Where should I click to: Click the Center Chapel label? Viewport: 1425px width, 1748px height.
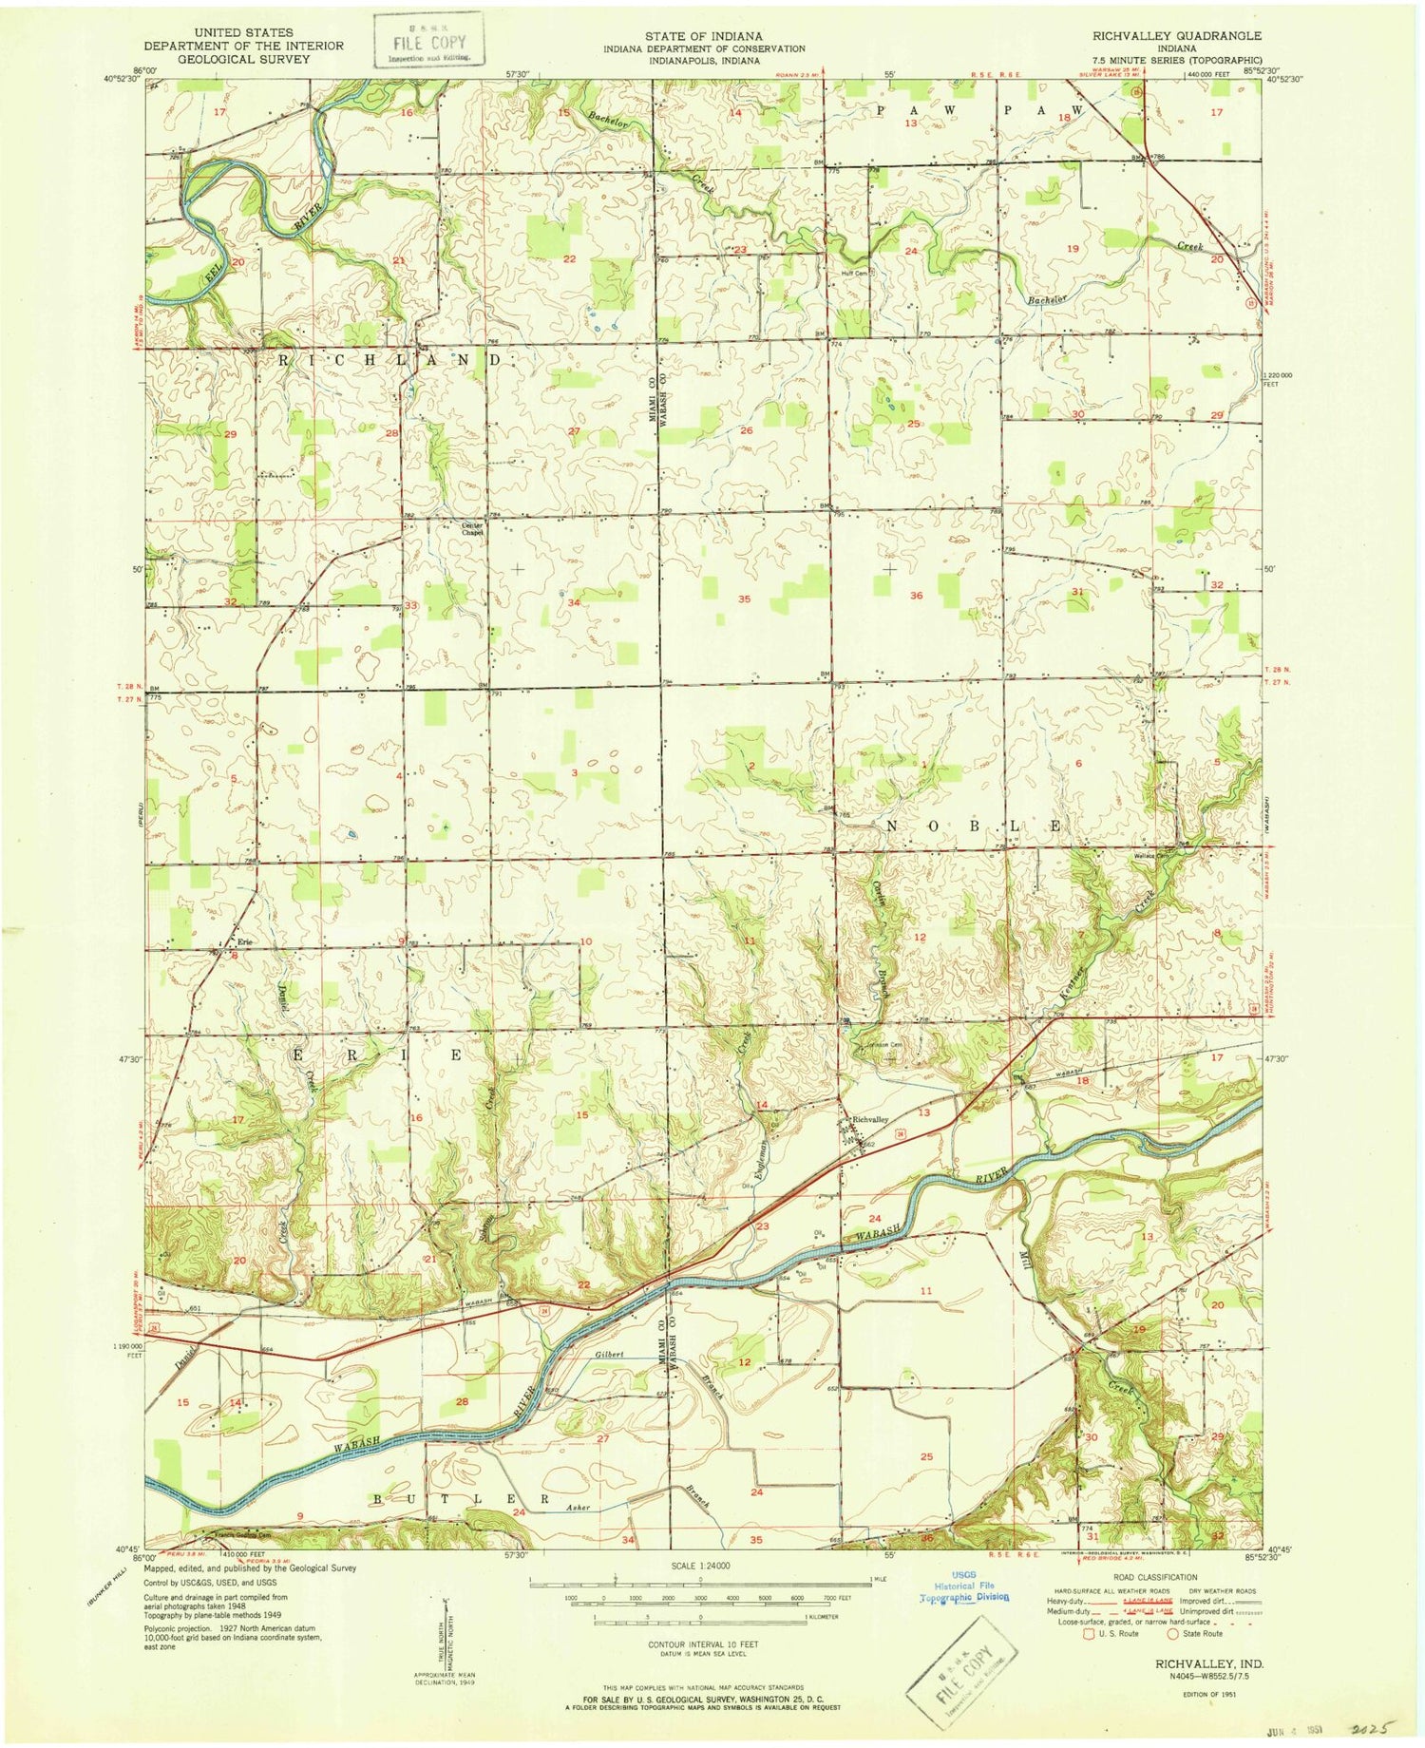pos(472,529)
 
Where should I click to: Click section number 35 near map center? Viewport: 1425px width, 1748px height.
pos(745,599)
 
